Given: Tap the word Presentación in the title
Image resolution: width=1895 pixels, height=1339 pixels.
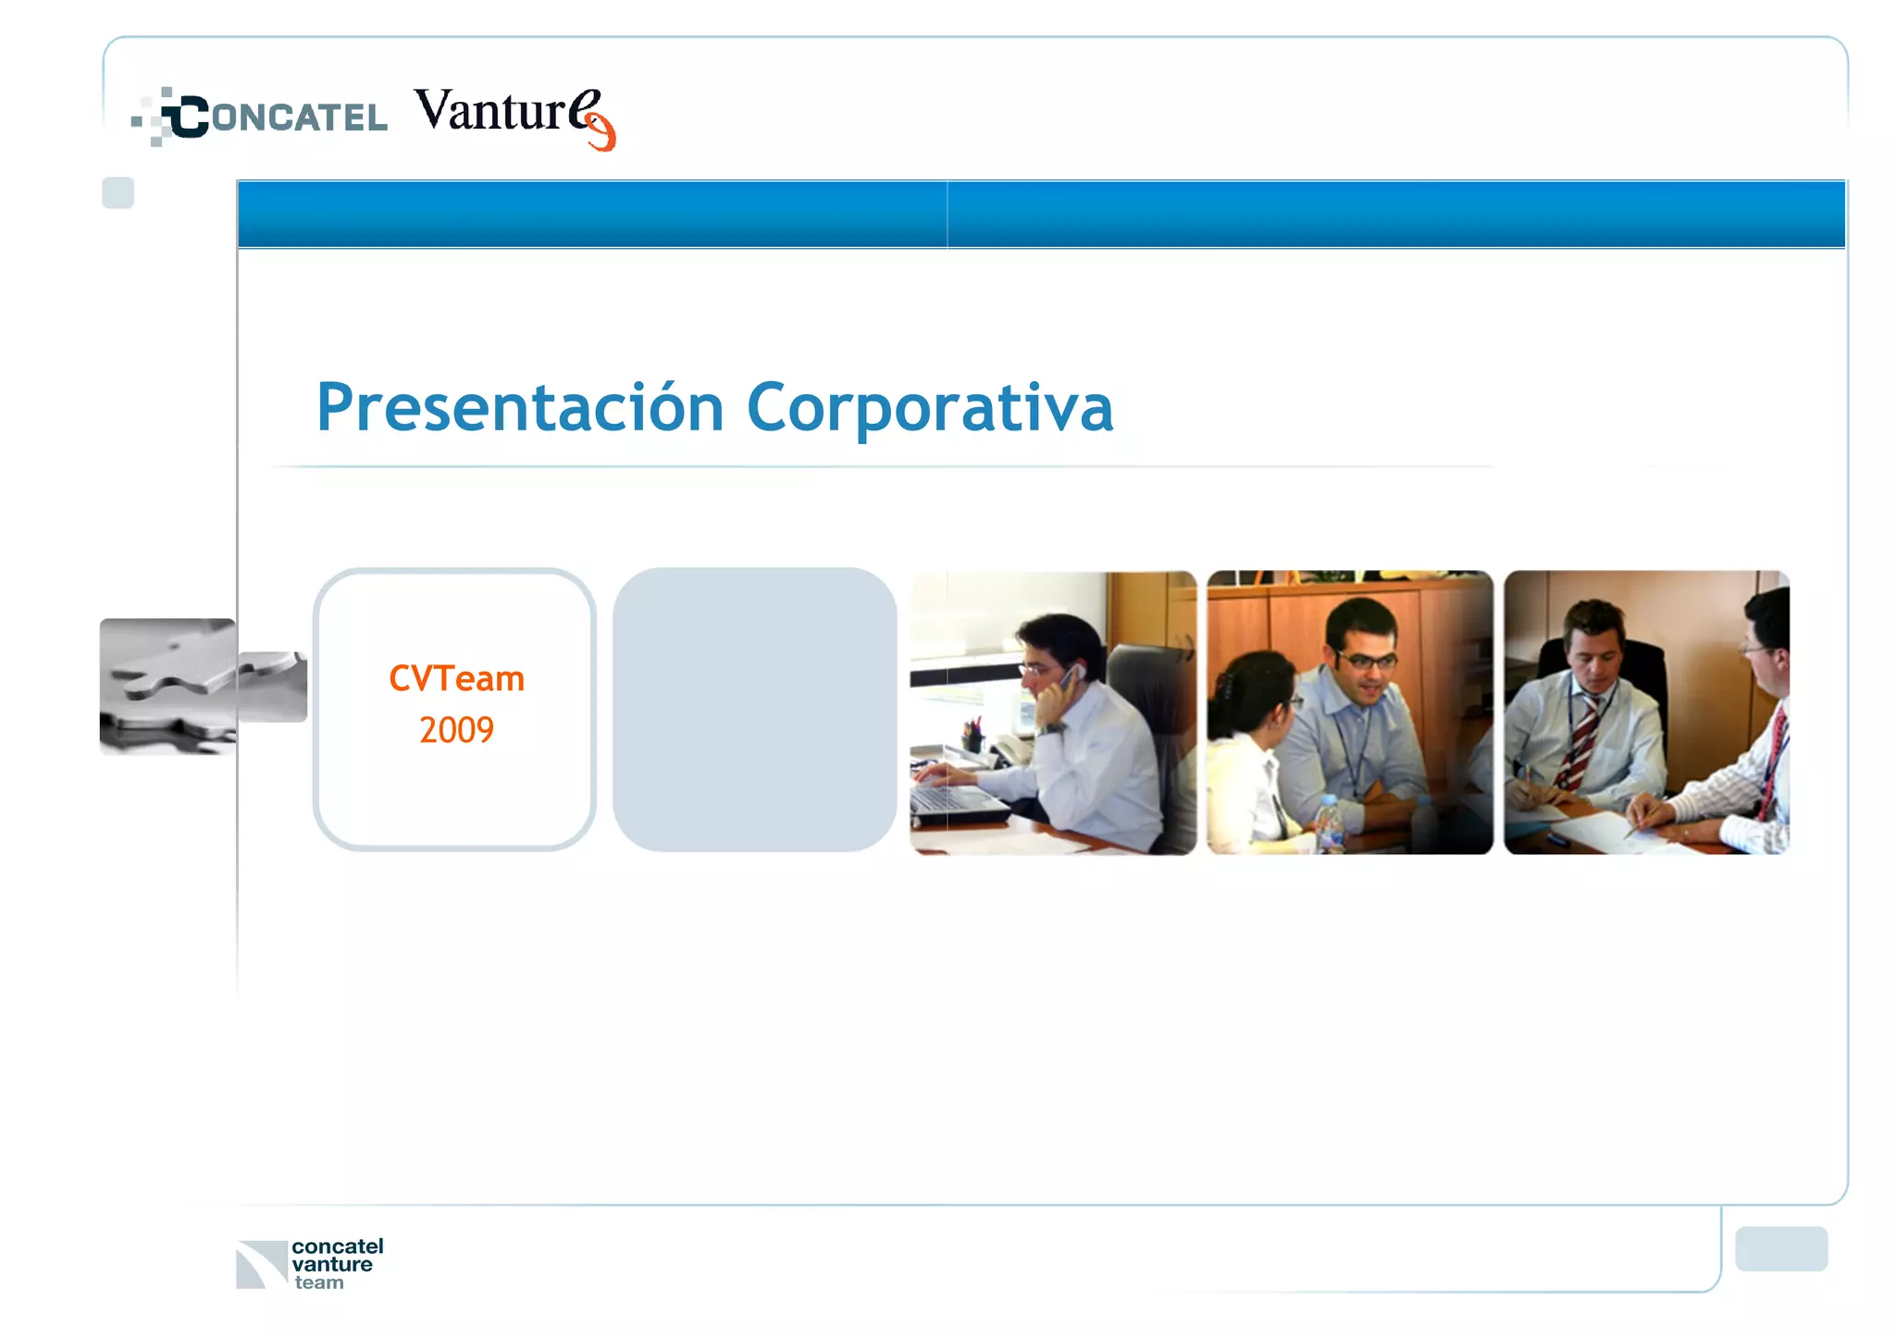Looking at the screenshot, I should (x=519, y=408).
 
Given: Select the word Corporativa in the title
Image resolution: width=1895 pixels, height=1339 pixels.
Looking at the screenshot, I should (x=929, y=408).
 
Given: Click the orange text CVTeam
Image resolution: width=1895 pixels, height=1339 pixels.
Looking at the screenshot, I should (x=456, y=678).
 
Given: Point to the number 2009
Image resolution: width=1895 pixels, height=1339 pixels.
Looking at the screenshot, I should (x=456, y=730).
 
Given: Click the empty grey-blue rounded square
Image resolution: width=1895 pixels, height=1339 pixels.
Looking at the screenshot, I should (x=754, y=710).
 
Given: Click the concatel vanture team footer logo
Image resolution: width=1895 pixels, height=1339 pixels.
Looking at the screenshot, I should (x=310, y=1263).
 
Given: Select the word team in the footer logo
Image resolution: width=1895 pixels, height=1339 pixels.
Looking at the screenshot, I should (x=319, y=1283).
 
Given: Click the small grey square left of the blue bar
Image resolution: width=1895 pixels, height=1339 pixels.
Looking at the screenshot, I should (x=118, y=192).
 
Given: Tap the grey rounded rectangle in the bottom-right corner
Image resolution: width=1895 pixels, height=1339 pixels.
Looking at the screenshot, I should (x=1780, y=1248).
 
